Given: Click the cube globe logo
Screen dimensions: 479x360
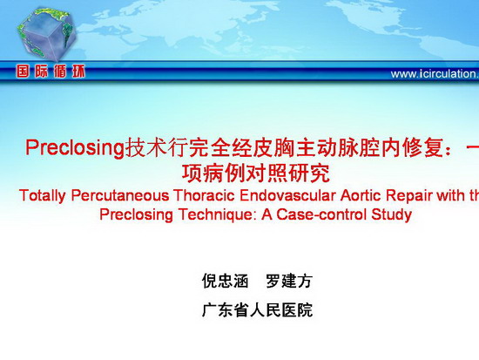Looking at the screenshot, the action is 46,34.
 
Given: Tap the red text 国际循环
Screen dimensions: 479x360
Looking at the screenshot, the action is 51,71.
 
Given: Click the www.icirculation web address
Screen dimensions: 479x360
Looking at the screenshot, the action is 435,74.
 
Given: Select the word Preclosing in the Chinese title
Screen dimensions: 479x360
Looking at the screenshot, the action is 74,148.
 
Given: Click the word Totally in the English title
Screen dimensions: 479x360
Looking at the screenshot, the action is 43,196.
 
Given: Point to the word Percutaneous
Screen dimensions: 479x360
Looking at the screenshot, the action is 120,196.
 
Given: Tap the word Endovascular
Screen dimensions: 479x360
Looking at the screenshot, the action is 287,196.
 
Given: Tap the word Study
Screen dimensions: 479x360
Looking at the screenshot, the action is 392,215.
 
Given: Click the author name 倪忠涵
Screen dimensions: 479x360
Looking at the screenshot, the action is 226,281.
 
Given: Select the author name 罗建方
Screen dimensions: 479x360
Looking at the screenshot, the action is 289,281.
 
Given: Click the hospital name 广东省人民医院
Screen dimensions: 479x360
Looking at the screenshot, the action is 257,309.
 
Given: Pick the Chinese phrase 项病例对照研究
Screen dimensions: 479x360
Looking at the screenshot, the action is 256,173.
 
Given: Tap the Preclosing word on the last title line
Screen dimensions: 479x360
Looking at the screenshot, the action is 137,215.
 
